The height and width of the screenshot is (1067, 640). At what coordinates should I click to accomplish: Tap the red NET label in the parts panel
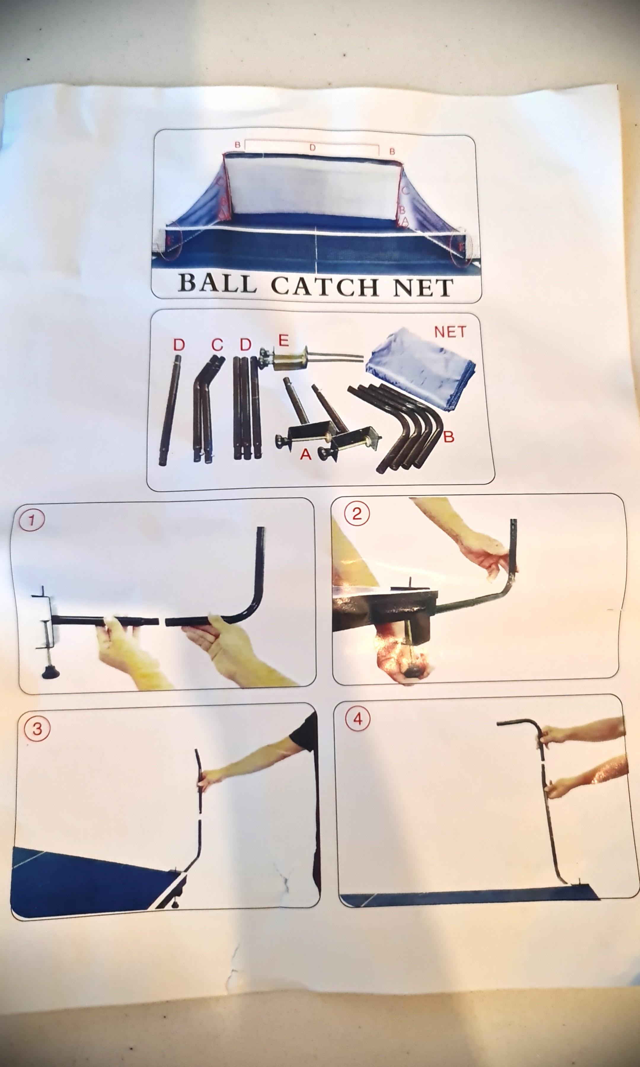pos(450,332)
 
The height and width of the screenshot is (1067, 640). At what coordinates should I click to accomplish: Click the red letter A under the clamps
pos(305,454)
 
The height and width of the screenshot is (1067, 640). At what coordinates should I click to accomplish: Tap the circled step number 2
pos(356,515)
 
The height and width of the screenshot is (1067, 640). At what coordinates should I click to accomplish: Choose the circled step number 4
pos(357,719)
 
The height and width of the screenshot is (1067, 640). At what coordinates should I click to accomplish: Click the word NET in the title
pos(423,288)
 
